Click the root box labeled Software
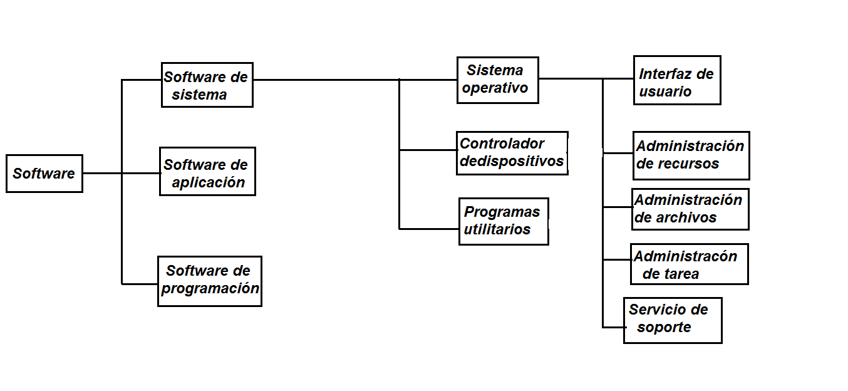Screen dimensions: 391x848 pos(44,174)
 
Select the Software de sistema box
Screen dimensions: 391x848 pos(207,85)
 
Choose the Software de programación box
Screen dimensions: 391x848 pos(209,281)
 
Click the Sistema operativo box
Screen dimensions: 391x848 pos(497,80)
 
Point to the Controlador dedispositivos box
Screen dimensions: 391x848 pos(512,153)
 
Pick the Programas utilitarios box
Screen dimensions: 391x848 pos(504,221)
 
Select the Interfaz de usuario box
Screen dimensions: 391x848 pos(677,80)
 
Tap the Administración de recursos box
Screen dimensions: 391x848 pos(691,155)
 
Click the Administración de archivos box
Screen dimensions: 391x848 pos(690,209)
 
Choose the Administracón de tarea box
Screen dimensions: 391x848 pos(689,264)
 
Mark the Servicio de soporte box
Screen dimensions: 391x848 pos(673,320)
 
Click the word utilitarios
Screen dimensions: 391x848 pos(497,230)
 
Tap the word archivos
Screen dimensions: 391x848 pos(685,218)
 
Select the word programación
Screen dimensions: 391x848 pos(210,289)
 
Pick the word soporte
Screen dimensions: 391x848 pos(664,328)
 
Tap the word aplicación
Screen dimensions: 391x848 pos(208,183)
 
